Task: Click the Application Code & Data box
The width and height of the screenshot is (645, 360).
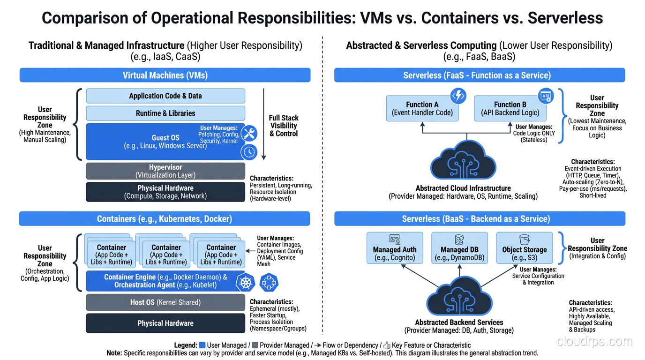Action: (x=165, y=96)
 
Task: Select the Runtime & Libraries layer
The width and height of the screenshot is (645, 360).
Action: (x=165, y=113)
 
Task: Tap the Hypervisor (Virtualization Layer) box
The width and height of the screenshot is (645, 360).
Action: (x=165, y=171)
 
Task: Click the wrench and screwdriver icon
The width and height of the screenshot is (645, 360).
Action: (x=249, y=134)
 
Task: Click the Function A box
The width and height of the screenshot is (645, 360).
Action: (x=422, y=109)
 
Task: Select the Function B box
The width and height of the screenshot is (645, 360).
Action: (x=510, y=109)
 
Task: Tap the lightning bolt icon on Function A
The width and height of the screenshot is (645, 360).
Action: (x=457, y=96)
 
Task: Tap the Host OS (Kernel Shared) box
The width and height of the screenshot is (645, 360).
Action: (x=165, y=302)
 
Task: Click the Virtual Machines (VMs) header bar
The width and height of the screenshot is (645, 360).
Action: (x=165, y=75)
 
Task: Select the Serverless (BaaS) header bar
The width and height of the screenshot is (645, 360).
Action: (x=479, y=219)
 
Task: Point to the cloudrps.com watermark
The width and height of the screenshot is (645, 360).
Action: (x=594, y=342)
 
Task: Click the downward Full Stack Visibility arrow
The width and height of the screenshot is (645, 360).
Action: (x=264, y=124)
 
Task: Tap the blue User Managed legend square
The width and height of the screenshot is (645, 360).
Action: (x=202, y=345)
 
